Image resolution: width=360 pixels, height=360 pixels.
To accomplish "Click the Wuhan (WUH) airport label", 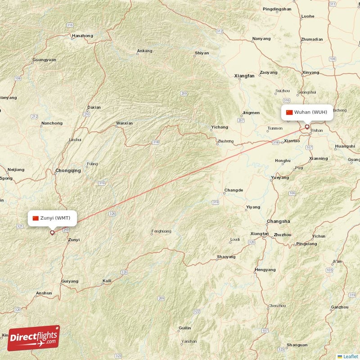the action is pyautogui.click(x=311, y=112).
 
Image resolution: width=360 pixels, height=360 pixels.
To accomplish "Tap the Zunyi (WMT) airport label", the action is pyautogui.click(x=55, y=218).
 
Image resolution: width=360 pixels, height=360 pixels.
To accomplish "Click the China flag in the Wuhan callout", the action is pyautogui.click(x=289, y=112).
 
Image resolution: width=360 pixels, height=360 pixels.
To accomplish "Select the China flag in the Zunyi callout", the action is pyautogui.click(x=36, y=218).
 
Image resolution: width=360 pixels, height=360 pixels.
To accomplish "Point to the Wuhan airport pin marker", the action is pyautogui.click(x=307, y=127).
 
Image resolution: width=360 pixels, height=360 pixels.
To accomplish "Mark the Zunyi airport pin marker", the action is pyautogui.click(x=52, y=233).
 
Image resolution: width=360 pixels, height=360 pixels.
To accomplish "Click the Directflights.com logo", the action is pyautogui.click(x=33, y=338).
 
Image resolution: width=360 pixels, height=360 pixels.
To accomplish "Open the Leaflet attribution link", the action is pyautogui.click(x=351, y=356).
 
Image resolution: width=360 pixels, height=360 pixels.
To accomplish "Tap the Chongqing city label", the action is pyautogui.click(x=68, y=171).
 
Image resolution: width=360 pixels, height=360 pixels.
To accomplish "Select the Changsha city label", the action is pyautogui.click(x=279, y=221).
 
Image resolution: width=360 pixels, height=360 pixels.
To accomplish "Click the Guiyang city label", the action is pyautogui.click(x=70, y=281).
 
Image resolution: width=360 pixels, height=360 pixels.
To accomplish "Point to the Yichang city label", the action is pyautogui.click(x=220, y=127).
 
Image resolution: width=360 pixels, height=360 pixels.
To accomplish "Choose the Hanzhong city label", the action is pyautogui.click(x=82, y=36).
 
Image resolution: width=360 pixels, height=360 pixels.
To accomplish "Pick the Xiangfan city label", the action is pyautogui.click(x=244, y=76).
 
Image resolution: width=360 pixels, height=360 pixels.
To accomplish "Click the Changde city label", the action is pyautogui.click(x=234, y=190).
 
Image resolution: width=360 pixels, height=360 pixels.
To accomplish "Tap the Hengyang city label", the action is pyautogui.click(x=265, y=270).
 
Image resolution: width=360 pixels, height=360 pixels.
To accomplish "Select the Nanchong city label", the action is pyautogui.click(x=52, y=123).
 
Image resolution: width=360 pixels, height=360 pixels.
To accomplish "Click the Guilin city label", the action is pyautogui.click(x=184, y=328).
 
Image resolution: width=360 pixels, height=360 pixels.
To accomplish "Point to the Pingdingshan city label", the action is pyautogui.click(x=277, y=9).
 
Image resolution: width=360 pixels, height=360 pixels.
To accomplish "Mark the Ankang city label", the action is pyautogui.click(x=145, y=51).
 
